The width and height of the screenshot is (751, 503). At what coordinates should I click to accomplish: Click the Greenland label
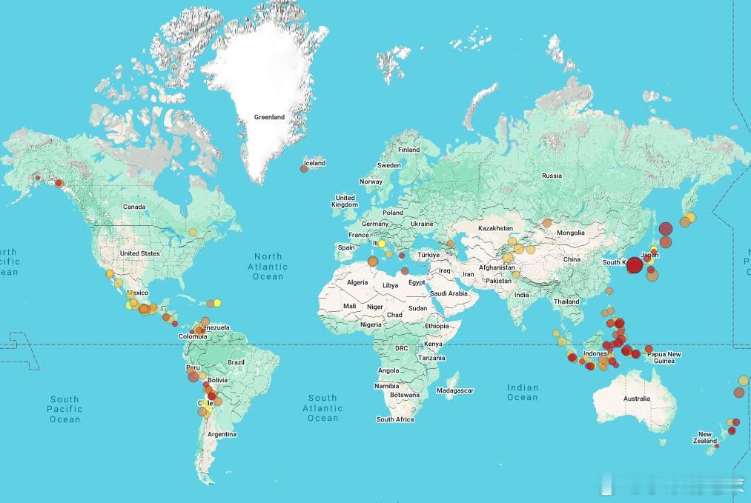coord(269,117)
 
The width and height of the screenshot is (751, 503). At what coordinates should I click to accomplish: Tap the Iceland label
coord(314,163)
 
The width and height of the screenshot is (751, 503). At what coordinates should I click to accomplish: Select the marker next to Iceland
coord(304,169)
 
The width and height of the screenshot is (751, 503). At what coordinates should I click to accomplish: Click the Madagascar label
coord(454,390)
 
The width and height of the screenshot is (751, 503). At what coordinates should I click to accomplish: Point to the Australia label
coord(636,399)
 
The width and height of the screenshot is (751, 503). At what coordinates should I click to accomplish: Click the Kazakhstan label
coord(496,228)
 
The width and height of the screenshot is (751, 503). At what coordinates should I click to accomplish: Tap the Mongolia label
coord(571,233)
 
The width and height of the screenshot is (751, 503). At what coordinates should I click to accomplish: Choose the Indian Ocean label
coord(522,392)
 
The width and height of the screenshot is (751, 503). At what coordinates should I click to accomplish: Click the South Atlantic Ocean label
coord(322,408)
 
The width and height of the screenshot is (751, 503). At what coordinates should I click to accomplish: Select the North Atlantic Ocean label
coord(268,267)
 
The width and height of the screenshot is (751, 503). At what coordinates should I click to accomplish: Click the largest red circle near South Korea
coord(634,265)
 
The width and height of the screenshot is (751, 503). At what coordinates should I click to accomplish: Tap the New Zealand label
coord(707,438)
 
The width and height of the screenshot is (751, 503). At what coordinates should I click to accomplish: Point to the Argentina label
coord(222,434)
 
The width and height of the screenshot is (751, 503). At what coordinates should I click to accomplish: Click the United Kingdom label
coord(345,201)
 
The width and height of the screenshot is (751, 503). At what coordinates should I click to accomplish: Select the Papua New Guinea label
coord(664,357)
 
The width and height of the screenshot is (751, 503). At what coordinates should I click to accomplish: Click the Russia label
coord(552,176)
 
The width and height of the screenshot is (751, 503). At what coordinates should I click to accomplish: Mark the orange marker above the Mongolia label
coord(547,222)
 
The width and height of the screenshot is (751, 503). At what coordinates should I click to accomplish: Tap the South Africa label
coord(394,419)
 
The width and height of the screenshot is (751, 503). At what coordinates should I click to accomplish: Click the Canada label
coord(134,207)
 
